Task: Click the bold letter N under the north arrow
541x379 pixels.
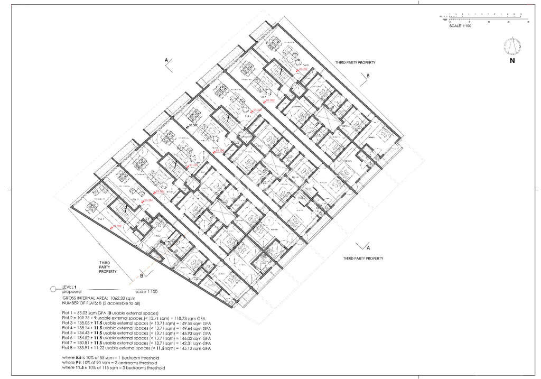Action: pyautogui.click(x=512, y=61)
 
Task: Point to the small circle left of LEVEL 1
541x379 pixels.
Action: pyautogui.click(x=52, y=289)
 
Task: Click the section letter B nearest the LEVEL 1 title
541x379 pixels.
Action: pyautogui.click(x=142, y=275)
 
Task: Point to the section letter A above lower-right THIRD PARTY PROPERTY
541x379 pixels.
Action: pyautogui.click(x=369, y=247)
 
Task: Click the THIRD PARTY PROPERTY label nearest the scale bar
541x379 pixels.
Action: pyautogui.click(x=355, y=62)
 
